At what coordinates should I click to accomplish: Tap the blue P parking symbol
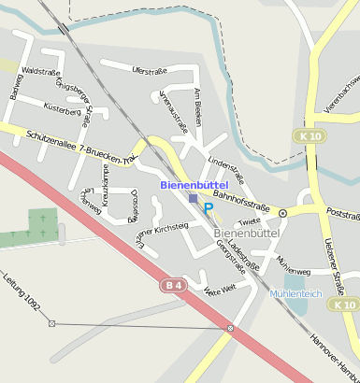[209, 208]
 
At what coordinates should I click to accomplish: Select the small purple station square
[193, 199]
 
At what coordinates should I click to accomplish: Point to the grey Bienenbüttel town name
[247, 232]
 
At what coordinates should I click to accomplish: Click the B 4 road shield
[170, 284]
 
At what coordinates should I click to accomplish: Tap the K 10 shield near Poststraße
[313, 136]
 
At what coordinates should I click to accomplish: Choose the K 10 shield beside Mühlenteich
[345, 305]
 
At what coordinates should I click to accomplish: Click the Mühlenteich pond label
[295, 293]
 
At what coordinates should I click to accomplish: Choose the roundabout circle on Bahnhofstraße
[282, 213]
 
